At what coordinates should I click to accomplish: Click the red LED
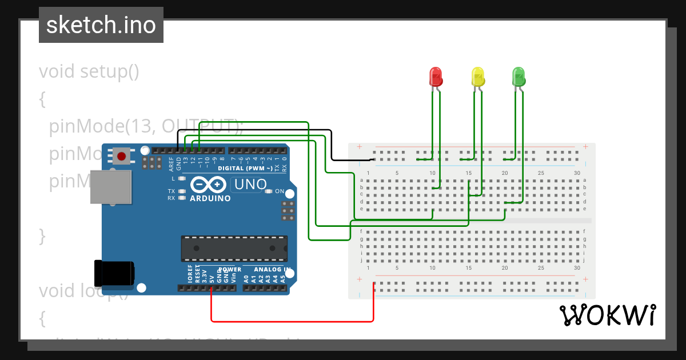[x=435, y=77]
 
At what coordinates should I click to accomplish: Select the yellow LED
[x=477, y=77]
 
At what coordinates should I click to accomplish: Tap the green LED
[x=519, y=77]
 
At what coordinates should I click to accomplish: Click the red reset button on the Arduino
[x=121, y=156]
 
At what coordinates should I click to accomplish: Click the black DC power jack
[x=114, y=273]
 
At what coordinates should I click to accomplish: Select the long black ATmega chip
[x=234, y=248]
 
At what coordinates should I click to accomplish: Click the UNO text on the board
[x=250, y=185]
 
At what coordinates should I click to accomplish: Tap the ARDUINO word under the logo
[x=210, y=199]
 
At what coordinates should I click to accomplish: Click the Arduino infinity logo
[x=208, y=185]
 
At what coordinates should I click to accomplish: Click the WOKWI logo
[x=607, y=315]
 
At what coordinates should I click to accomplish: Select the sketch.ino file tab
[x=101, y=25]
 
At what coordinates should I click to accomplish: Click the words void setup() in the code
[x=89, y=72]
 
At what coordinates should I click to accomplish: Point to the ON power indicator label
[x=280, y=191]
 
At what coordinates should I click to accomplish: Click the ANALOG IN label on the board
[x=272, y=269]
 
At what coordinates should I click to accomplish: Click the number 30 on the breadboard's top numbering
[x=577, y=173]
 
